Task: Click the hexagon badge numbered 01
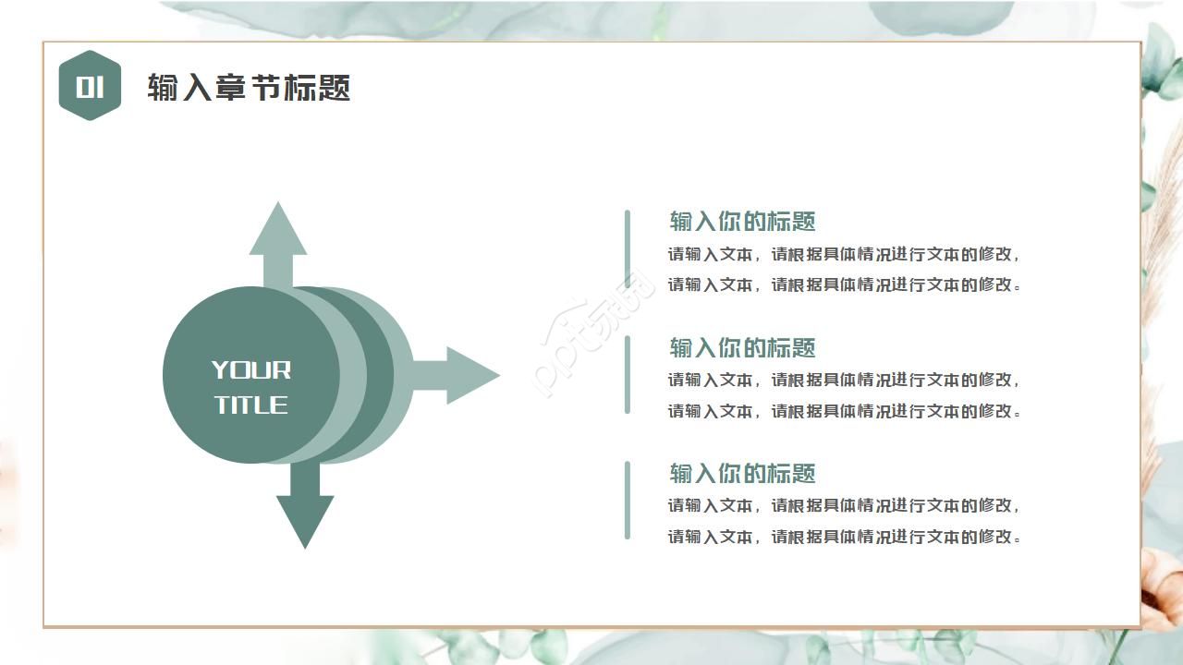click(x=90, y=86)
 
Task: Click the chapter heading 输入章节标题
click(x=249, y=88)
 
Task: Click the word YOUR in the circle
click(x=251, y=370)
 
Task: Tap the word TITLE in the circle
click(x=251, y=405)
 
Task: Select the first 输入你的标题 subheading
click(x=742, y=222)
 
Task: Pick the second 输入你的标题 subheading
click(x=742, y=348)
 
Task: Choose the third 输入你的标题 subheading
click(x=742, y=474)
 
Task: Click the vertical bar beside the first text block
click(x=628, y=249)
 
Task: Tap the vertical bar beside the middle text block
click(x=628, y=375)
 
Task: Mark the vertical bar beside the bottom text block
click(x=628, y=500)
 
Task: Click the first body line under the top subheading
click(x=844, y=254)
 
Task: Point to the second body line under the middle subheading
click(x=844, y=411)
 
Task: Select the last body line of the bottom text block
click(x=844, y=537)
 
